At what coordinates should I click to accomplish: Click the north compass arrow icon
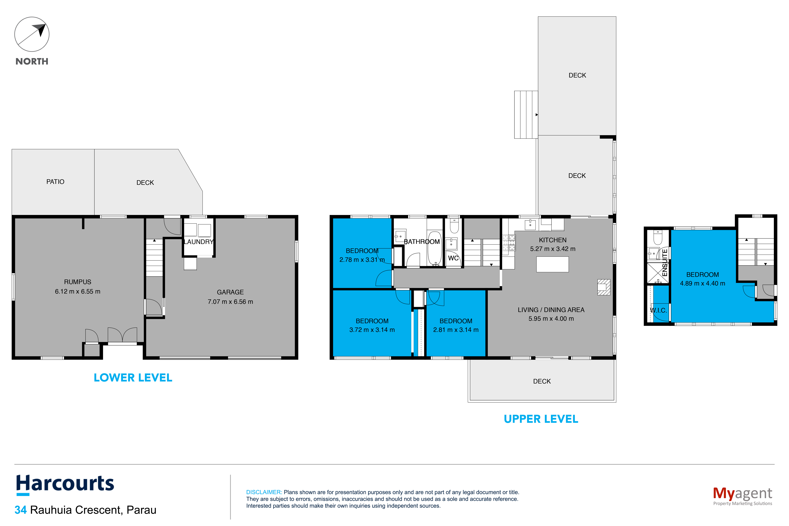32,34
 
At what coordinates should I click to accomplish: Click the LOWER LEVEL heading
133,378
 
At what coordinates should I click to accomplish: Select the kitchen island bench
552,264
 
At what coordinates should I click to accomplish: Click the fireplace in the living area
604,287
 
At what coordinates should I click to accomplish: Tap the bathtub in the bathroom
435,248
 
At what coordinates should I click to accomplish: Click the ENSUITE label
664,263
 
